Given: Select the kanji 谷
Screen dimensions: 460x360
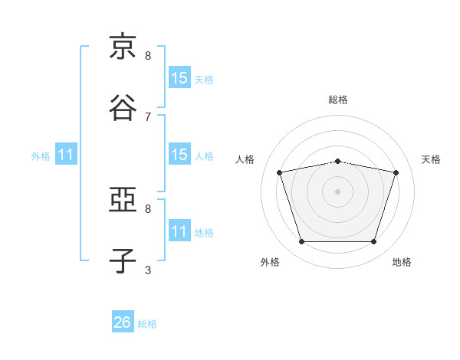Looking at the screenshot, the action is pos(123,107).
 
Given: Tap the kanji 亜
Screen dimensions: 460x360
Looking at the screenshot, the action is pos(123,199).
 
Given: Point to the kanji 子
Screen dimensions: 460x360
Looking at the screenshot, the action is pos(123,260).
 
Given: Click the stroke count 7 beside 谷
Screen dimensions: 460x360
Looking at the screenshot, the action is pos(148,117).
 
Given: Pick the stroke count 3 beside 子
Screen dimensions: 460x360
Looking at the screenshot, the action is pos(148,270).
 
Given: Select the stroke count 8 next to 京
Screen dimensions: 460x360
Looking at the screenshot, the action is pos(148,56).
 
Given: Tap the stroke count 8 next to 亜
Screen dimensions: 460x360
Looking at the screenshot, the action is pos(148,209).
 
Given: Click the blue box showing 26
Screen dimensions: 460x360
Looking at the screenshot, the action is pos(123,321).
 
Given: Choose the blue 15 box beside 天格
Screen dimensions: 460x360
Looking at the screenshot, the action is pos(180,77).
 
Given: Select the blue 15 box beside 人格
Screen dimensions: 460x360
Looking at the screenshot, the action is pos(180,154).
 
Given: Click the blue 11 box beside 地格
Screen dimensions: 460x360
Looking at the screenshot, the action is pos(180,230).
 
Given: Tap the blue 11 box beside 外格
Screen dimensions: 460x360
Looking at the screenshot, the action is pos(66,154).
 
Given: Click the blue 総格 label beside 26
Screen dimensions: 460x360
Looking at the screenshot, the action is pos(147,324).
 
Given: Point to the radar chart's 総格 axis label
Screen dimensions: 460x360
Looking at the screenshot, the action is pos(338,100).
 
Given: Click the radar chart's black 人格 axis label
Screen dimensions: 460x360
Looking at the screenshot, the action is pos(245,159).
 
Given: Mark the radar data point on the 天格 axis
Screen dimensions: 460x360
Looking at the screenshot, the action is pos(396,172).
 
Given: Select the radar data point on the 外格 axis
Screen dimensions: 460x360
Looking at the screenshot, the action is pos(302,241).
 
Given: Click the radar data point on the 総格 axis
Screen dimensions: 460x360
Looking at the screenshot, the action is pos(338,162).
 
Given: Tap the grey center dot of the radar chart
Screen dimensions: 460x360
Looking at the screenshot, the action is pos(337,191).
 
